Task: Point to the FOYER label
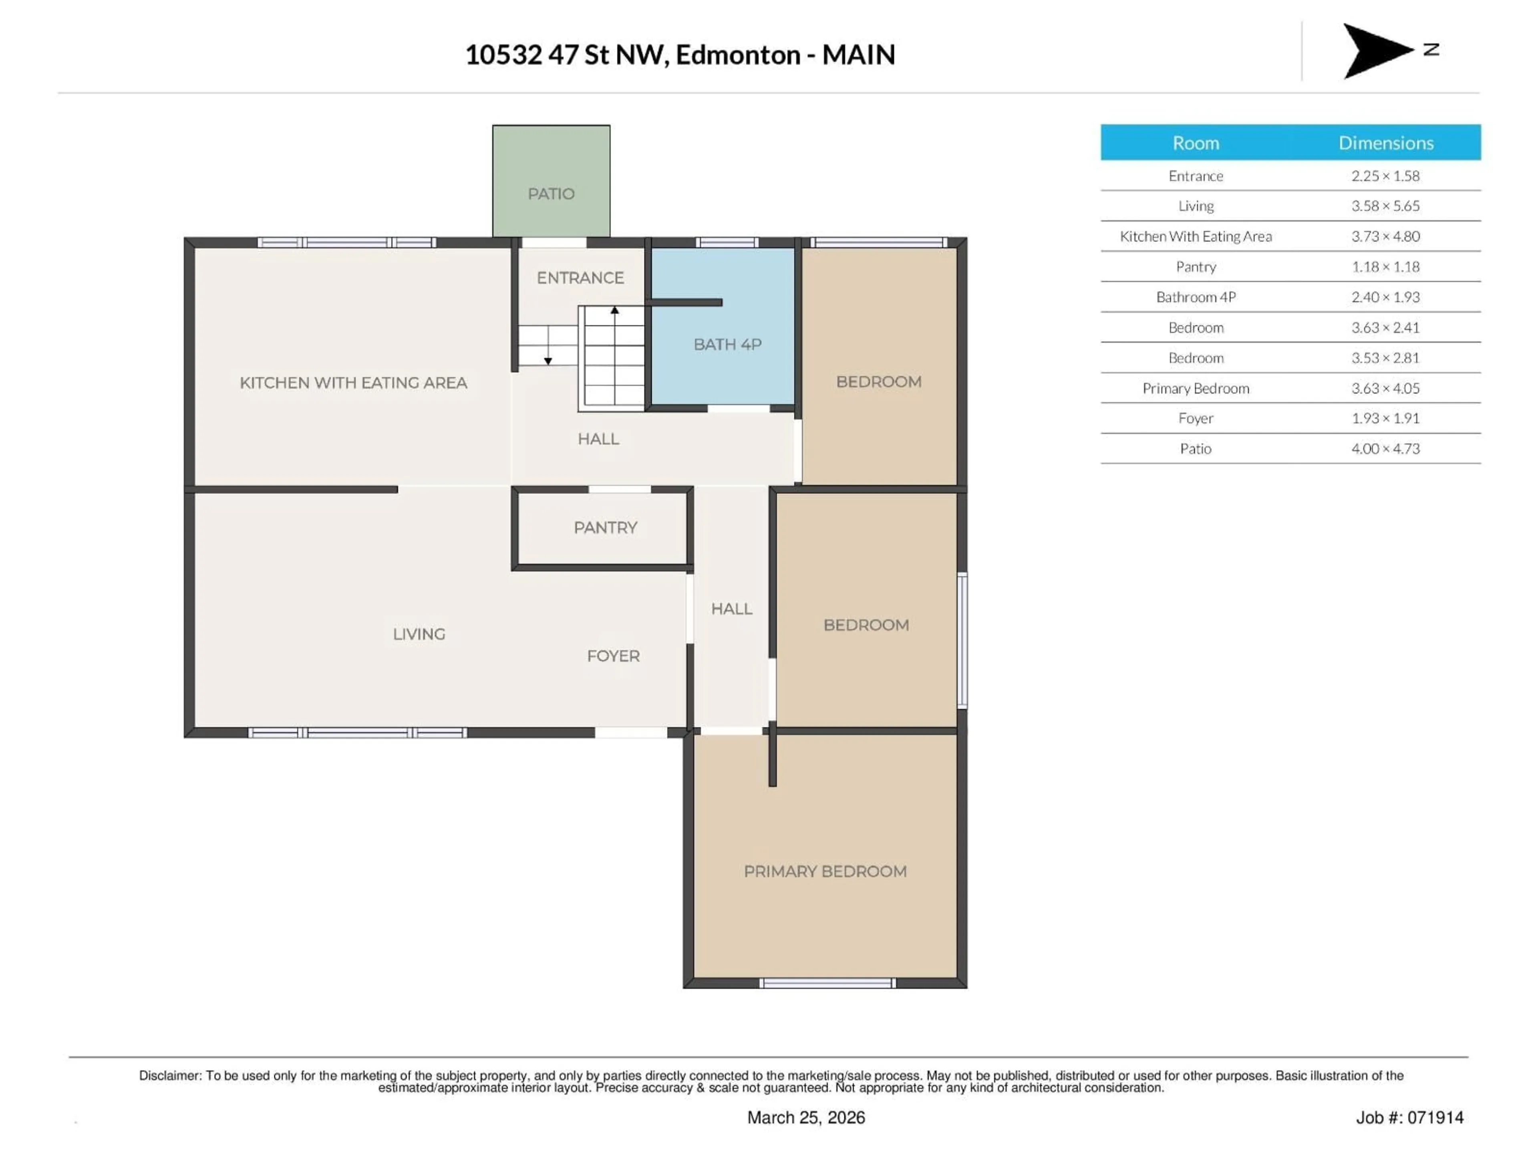coord(612,656)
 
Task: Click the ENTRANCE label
coord(580,278)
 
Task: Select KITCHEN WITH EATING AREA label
coord(353,383)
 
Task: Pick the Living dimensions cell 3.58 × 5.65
coord(1385,206)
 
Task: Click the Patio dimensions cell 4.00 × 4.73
coord(1385,449)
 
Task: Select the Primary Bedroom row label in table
coord(1195,388)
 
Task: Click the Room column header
coord(1195,143)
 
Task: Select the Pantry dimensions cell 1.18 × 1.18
coord(1385,266)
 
